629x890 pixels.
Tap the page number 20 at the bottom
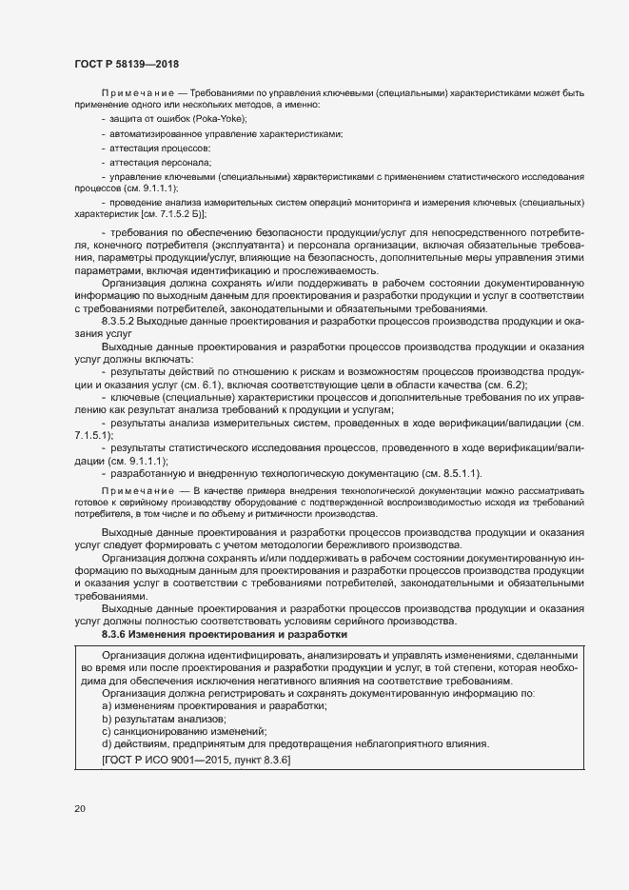coord(79,809)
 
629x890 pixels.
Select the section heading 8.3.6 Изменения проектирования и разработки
coord(225,634)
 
